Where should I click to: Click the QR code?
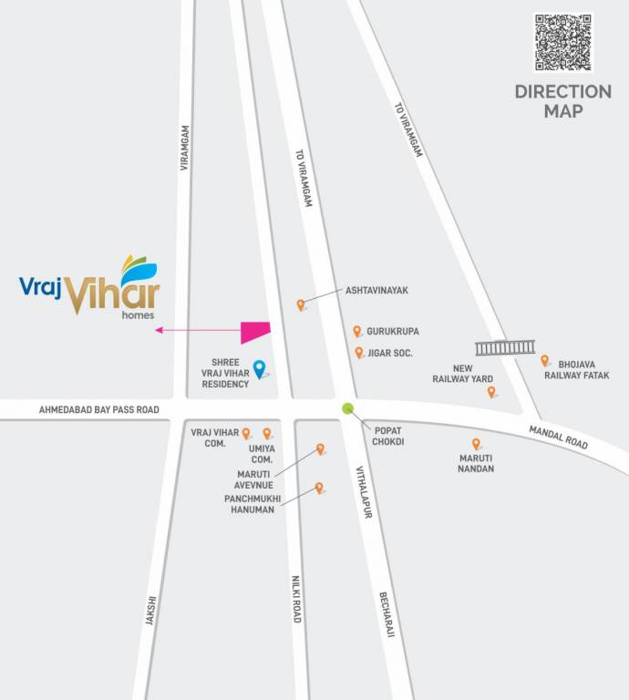563,42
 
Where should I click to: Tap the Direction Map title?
562,100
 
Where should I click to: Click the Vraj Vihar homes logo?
89,286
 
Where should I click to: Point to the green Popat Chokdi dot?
347,408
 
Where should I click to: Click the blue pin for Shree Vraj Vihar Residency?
259,368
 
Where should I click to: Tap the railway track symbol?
505,347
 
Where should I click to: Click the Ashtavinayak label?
376,290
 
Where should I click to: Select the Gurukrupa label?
393,332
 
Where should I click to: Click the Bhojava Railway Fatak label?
577,368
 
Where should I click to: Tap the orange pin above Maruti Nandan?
476,444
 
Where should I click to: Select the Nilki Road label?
295,599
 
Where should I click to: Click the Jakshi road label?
151,610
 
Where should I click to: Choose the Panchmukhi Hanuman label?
253,504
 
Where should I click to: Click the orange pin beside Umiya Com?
267,434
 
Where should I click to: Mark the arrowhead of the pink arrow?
159,330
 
